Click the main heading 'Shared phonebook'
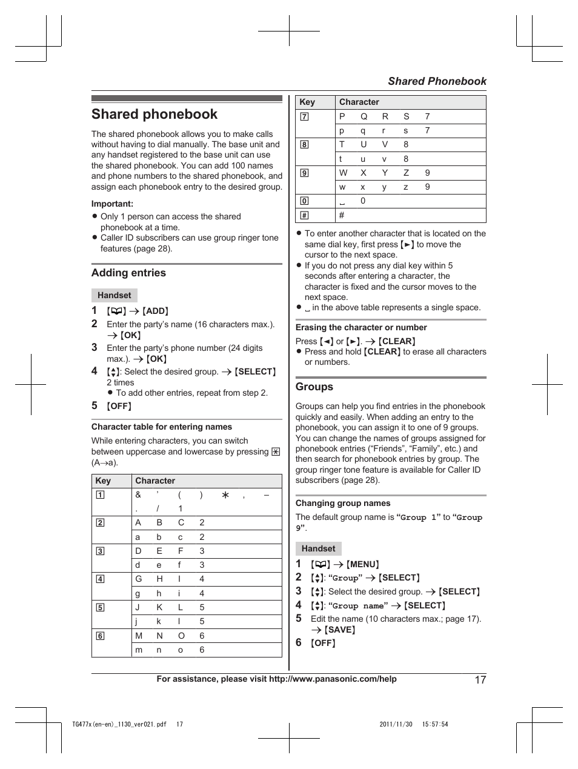(x=154, y=115)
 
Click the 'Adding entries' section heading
(x=128, y=273)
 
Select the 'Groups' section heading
(x=314, y=387)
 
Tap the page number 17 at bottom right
(x=480, y=680)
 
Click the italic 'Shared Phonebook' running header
(x=437, y=81)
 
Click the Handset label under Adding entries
(x=114, y=296)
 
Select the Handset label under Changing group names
(x=318, y=549)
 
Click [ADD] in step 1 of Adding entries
(x=156, y=311)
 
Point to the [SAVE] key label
(x=340, y=630)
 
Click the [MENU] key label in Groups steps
(x=363, y=565)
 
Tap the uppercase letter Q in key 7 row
(x=364, y=116)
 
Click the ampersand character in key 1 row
(x=138, y=495)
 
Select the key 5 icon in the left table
(x=100, y=607)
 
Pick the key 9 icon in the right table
(x=304, y=173)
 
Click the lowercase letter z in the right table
(x=406, y=187)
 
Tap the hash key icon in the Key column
(x=304, y=215)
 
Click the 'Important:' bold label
(x=112, y=204)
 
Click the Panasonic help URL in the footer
(x=333, y=679)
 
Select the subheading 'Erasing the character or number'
(x=361, y=328)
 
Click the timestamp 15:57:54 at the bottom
(x=435, y=724)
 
